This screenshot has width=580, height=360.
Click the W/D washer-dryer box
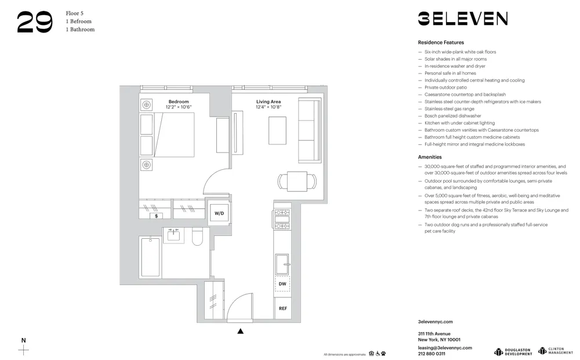coord(219,213)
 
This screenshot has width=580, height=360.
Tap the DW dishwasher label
coord(282,283)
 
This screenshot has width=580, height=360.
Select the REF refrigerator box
coord(282,308)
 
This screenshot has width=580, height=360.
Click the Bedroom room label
coord(179,101)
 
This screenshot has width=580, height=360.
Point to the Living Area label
coord(268,101)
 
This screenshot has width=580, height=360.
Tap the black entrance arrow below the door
coord(241,331)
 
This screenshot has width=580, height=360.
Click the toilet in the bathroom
coord(197,237)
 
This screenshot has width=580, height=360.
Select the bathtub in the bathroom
coord(151,257)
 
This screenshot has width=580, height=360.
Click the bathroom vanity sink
coord(173,235)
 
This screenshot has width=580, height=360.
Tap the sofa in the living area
coord(309,130)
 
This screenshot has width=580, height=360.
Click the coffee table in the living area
coord(277,130)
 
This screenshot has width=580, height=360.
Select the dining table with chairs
coord(297,181)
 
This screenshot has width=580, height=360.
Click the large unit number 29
coord(35,22)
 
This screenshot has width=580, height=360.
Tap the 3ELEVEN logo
coord(462,19)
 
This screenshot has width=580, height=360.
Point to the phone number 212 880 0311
coord(432,354)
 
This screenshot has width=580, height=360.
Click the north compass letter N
coord(23,340)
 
